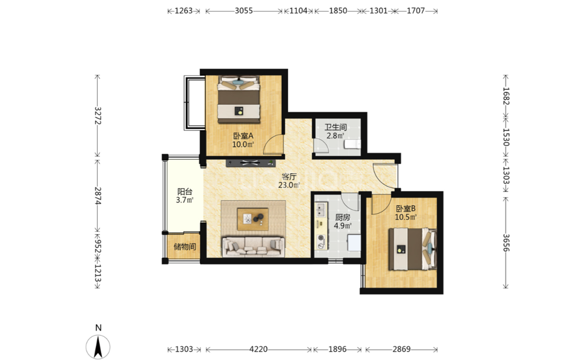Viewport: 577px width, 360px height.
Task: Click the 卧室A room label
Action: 243,136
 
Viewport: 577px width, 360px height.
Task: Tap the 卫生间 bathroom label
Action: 335,127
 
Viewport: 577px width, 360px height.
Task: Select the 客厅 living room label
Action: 289,177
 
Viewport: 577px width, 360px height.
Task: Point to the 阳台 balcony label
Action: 185,192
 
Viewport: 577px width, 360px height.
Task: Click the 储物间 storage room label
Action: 185,246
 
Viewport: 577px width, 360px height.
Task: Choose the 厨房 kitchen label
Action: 342,217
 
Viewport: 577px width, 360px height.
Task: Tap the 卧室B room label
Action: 406,209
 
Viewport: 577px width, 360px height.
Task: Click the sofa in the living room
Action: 253,246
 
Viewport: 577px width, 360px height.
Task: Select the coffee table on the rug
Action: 253,219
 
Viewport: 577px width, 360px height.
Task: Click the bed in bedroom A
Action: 239,99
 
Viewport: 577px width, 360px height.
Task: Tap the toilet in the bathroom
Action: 352,144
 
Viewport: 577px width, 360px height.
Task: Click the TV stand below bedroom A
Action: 250,163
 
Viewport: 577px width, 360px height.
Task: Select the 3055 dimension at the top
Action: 244,11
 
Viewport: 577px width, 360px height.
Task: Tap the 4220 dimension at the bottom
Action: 258,349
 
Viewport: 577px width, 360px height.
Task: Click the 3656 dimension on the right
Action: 506,243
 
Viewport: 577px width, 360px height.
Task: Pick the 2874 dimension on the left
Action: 98,196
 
